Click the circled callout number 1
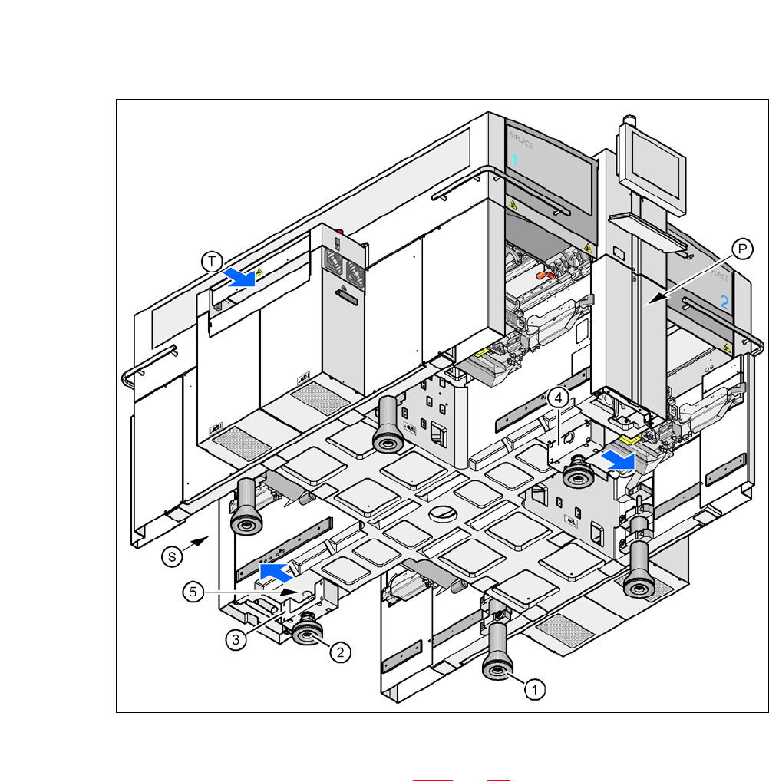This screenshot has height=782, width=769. (x=535, y=689)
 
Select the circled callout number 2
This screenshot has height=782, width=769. (x=342, y=652)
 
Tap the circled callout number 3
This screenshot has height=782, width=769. (x=237, y=638)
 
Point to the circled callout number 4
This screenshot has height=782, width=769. (x=559, y=398)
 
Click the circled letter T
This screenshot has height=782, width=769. (x=212, y=262)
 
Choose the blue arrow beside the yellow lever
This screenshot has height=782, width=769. (x=619, y=460)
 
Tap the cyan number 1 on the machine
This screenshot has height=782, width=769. (x=515, y=160)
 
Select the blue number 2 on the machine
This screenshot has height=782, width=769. (x=724, y=302)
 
